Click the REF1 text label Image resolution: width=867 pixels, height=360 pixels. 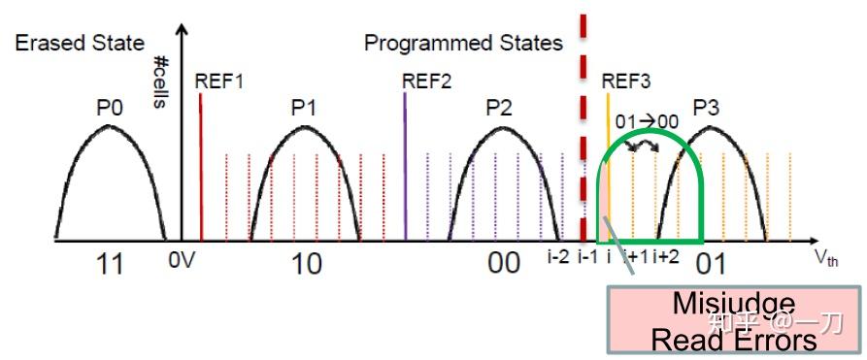coord(218,82)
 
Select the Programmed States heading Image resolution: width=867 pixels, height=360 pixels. coord(463,43)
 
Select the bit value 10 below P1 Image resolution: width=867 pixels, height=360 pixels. coord(307,264)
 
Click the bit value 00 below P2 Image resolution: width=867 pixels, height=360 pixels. coord(505,264)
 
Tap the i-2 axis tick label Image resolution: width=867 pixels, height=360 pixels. coord(557,257)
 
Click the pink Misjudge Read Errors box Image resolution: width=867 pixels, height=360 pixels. coord(734,320)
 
